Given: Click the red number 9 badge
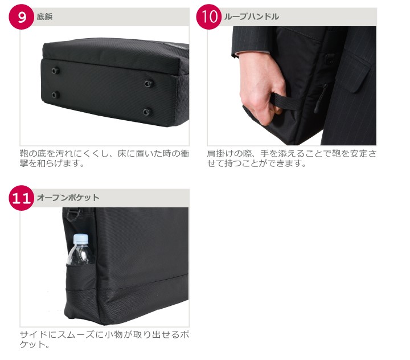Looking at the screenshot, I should click(x=22, y=17).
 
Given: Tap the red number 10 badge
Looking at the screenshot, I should click(x=209, y=17).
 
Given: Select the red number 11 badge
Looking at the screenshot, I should click(x=22, y=198).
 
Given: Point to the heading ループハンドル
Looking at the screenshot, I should click(x=251, y=17).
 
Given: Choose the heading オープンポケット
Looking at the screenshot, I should click(x=68, y=198).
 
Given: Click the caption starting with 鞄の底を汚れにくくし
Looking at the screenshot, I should click(x=104, y=158).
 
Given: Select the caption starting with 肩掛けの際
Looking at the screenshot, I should click(x=292, y=158).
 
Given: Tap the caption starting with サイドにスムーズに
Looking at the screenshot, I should click(x=104, y=339).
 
